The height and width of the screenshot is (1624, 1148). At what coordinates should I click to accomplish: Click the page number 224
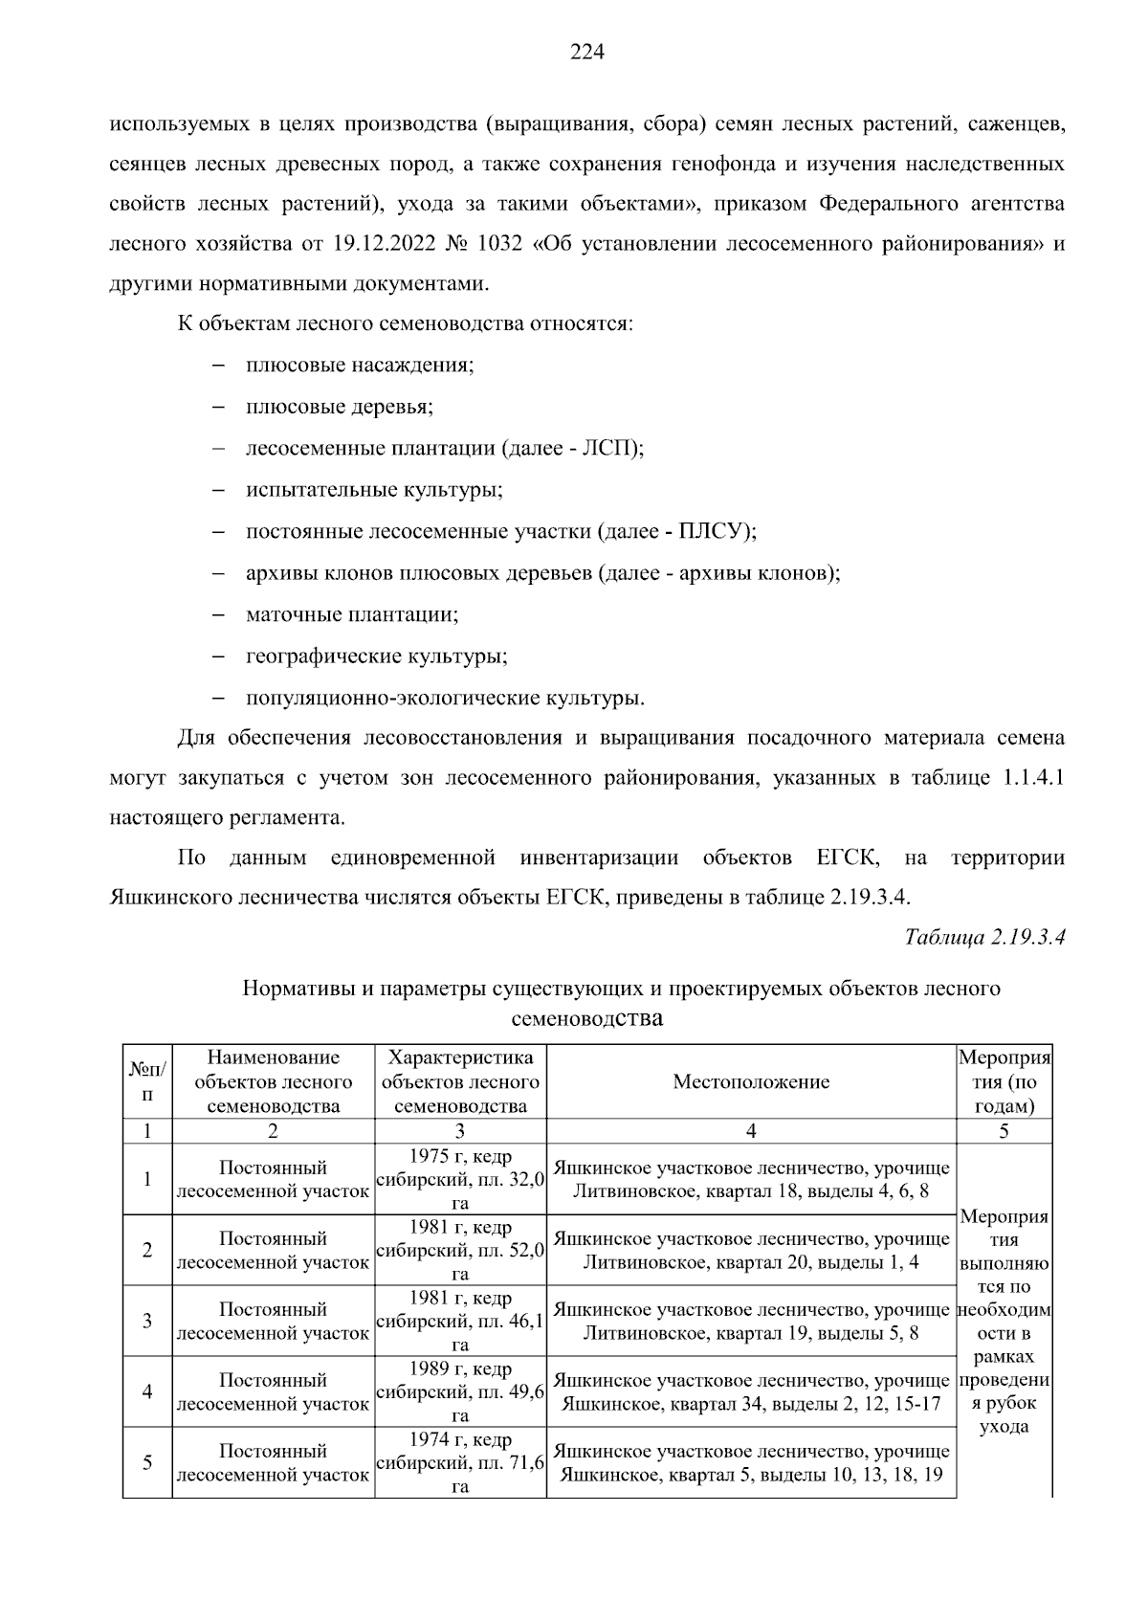click(x=586, y=53)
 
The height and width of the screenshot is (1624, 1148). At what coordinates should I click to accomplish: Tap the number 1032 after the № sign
click(x=498, y=243)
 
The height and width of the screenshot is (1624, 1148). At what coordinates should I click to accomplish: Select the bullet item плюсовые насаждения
click(x=360, y=366)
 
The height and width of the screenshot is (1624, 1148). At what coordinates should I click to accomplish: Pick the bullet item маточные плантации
click(x=352, y=614)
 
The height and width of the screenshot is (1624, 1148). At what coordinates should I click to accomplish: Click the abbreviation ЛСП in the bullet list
click(x=609, y=449)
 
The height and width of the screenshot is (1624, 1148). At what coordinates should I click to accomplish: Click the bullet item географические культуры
click(x=376, y=656)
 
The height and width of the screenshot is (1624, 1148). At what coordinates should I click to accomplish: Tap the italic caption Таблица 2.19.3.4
click(x=984, y=937)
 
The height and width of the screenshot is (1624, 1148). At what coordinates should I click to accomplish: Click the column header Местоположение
click(x=751, y=1082)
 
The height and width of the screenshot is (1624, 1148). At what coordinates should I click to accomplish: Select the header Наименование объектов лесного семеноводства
click(x=273, y=1082)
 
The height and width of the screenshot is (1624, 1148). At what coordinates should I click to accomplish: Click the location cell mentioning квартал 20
click(x=751, y=1251)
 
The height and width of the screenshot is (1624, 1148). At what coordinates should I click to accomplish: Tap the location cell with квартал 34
click(x=751, y=1392)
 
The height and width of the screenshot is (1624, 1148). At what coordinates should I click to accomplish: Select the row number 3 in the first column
click(x=147, y=1322)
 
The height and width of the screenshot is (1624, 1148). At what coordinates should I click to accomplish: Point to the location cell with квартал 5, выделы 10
click(x=751, y=1463)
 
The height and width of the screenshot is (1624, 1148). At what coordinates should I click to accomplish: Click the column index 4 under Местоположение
click(x=751, y=1131)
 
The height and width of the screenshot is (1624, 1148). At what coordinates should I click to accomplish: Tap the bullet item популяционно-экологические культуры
click(x=445, y=698)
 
